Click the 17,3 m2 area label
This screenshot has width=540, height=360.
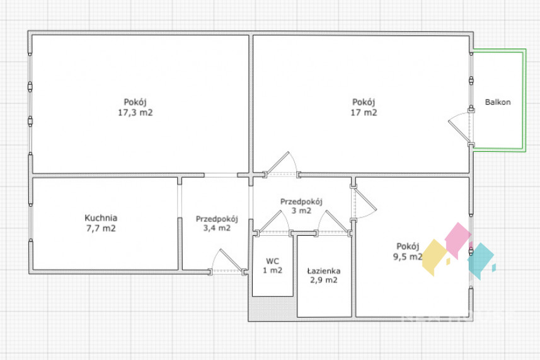coord(135,113)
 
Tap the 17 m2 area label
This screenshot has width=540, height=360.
coord(364,113)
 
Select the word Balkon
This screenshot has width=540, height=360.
coord(498,102)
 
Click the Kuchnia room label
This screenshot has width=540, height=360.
coord(101,218)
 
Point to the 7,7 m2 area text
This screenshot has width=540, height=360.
coord(101,228)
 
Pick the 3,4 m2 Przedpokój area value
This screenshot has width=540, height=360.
coord(217,228)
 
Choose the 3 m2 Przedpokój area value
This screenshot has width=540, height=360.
coord(301,211)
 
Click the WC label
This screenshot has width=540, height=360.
coord(272,261)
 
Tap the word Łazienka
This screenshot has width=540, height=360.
coord(324,271)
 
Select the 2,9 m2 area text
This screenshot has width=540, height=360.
coord(324,280)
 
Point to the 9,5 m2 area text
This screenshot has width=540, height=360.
coord(408,257)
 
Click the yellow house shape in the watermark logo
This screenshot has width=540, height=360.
coord(435,257)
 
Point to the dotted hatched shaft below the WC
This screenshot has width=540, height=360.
coord(272,308)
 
